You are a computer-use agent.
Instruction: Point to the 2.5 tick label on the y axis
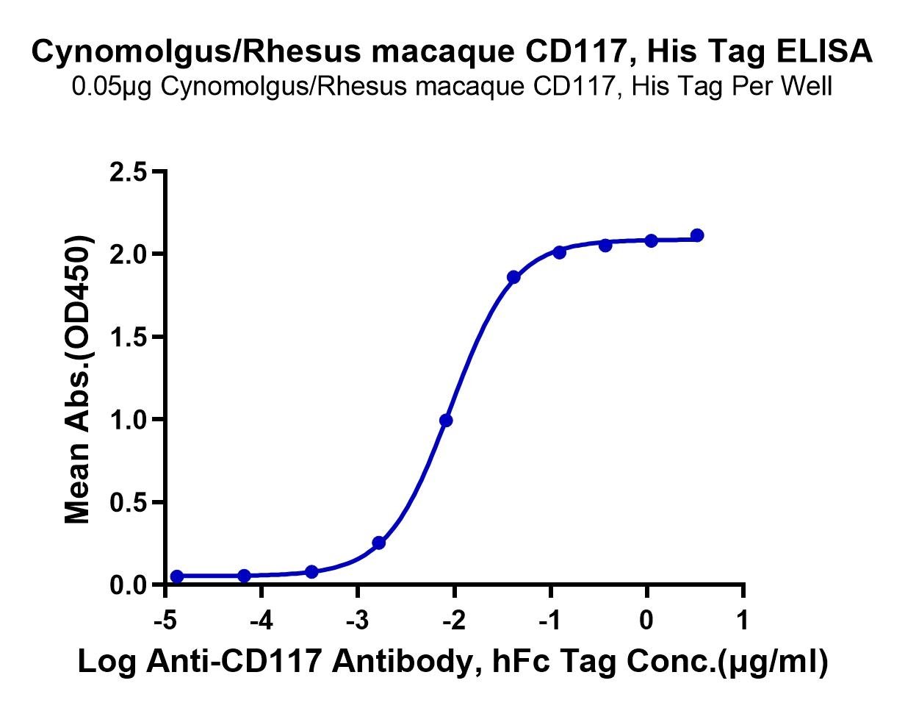pyautogui.click(x=129, y=172)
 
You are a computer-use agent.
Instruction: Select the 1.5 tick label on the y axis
pyautogui.click(x=129, y=337)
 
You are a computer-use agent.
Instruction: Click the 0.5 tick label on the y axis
pyautogui.click(x=129, y=503)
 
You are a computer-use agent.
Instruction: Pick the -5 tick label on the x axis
pyautogui.click(x=165, y=621)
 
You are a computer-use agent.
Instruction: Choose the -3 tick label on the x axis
pyautogui.click(x=358, y=621)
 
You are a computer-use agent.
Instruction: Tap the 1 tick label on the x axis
pyautogui.click(x=743, y=621)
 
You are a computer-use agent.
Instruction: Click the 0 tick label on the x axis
pyautogui.click(x=646, y=621)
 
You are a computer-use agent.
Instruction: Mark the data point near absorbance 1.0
pyautogui.click(x=446, y=421)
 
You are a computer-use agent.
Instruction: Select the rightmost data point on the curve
pyautogui.click(x=697, y=235)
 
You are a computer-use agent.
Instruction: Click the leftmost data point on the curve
pyautogui.click(x=177, y=576)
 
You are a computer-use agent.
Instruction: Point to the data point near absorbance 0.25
pyautogui.click(x=379, y=543)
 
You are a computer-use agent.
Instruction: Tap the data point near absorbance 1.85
pyautogui.click(x=513, y=277)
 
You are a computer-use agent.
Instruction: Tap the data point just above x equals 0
pyautogui.click(x=651, y=240)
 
